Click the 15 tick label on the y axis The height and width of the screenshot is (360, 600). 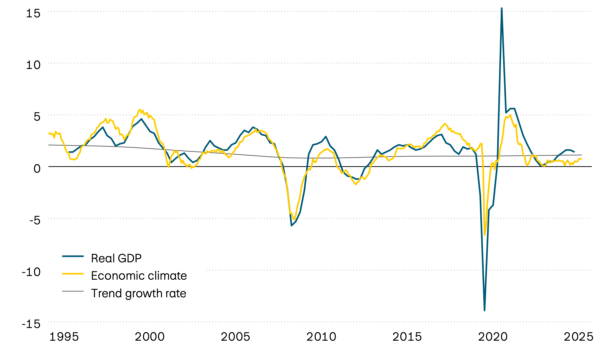(33, 13)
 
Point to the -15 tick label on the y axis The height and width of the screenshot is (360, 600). (31, 324)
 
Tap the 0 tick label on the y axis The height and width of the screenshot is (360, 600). (37, 168)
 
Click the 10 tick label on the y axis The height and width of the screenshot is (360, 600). (33, 65)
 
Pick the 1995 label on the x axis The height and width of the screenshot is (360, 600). (64, 337)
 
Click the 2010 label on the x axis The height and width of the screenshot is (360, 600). (321, 337)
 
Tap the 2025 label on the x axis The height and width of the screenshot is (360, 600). (578, 337)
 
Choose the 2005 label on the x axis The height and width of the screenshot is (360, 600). (235, 337)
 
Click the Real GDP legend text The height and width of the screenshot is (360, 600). (116, 258)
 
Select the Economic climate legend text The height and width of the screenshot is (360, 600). (139, 276)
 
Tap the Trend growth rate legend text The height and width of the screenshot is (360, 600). (138, 293)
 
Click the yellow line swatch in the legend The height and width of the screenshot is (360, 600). (73, 273)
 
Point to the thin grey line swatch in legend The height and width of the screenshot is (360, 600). (73, 291)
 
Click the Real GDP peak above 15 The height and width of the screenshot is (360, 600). (502, 8)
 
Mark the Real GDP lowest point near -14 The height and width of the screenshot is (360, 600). (484, 310)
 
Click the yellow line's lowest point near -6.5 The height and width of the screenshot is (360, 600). (485, 235)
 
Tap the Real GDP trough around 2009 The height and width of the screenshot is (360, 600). (291, 226)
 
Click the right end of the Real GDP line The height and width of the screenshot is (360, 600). (574, 152)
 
